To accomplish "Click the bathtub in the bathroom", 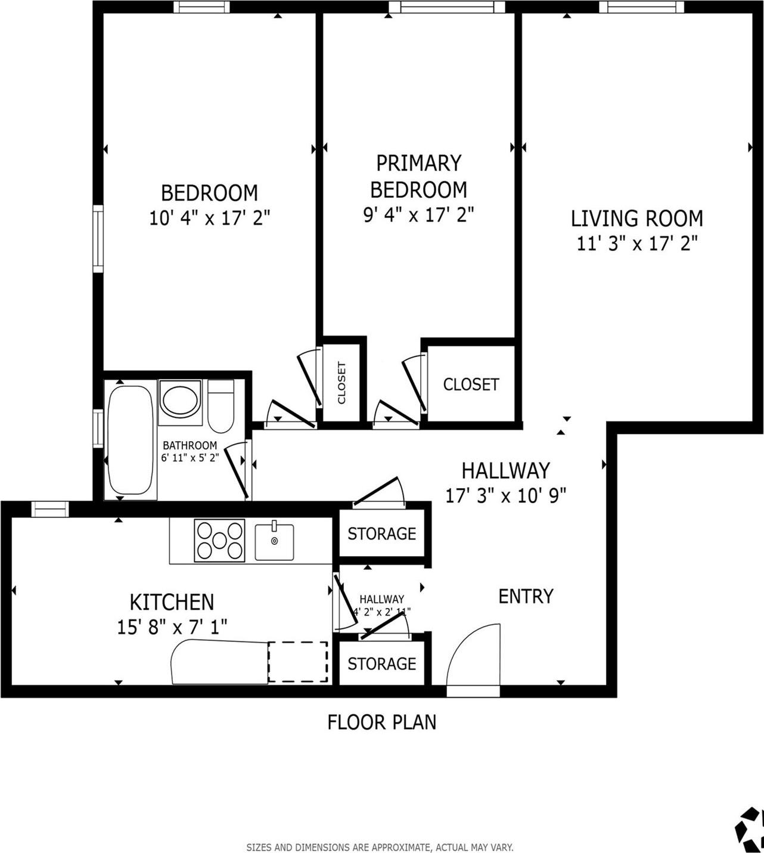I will tap(130, 440).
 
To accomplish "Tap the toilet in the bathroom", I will tap(221, 407).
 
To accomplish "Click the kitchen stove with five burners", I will tap(219, 540).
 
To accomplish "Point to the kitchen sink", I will tap(274, 542).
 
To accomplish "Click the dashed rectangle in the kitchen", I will tap(297, 662).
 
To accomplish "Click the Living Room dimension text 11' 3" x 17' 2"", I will tap(636, 243).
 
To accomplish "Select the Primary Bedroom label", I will tap(418, 176).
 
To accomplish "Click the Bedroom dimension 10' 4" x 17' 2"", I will tap(209, 218).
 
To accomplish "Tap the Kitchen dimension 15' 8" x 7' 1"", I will tap(172, 626).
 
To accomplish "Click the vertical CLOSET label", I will tap(342, 383).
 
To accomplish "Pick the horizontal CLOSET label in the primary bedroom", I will tap(471, 384).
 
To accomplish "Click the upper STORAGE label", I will tap(381, 533).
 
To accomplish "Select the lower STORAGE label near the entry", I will tap(381, 663).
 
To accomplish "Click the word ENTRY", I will tap(526, 596).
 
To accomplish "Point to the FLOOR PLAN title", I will tap(381, 722).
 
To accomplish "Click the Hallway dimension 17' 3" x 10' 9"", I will tap(505, 495).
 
